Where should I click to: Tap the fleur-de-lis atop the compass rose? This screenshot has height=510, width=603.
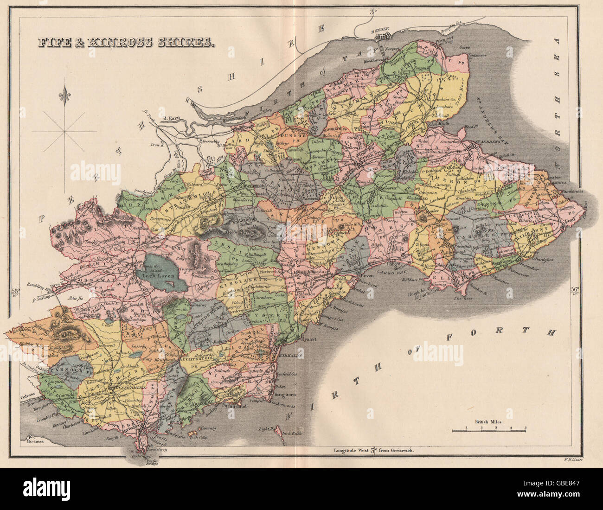coord(64,97)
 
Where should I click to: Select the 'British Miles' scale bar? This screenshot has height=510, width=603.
coord(488,429)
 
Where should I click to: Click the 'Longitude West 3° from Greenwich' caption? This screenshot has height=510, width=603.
coord(373,450)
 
